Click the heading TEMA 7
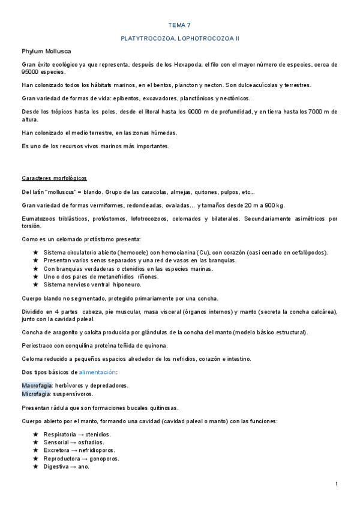point(179,25)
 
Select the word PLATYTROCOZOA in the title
point(148,38)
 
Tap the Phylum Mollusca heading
point(46,52)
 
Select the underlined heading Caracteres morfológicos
point(54,179)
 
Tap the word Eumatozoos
point(40,218)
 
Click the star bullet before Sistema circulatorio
point(36,253)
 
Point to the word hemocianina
point(180,253)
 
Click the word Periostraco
point(38,345)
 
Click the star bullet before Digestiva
point(36,466)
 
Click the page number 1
point(337,484)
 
